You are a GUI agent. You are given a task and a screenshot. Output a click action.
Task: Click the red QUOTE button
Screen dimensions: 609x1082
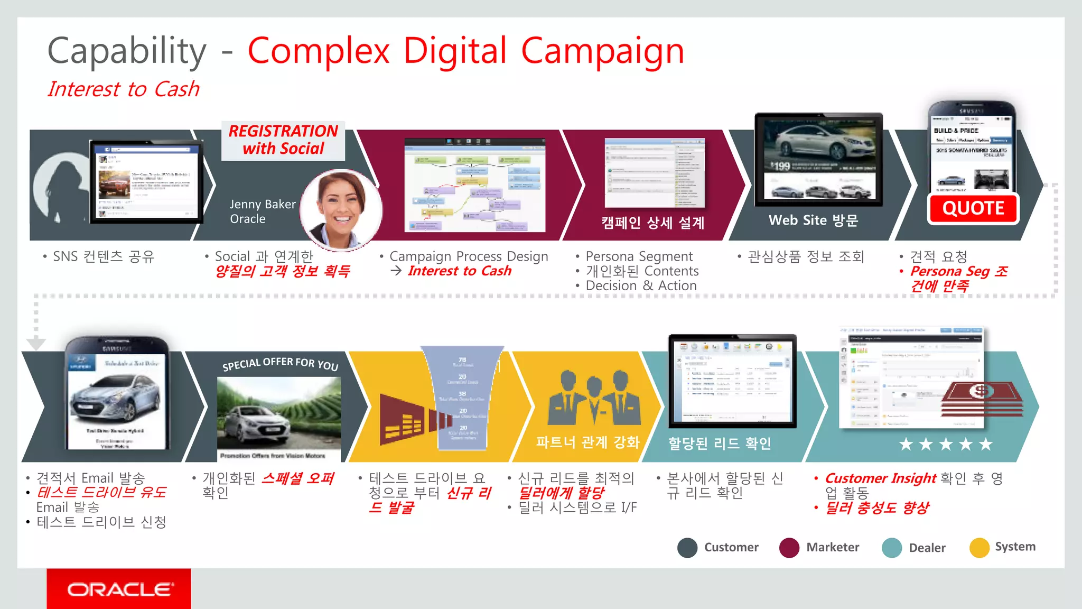click(x=973, y=209)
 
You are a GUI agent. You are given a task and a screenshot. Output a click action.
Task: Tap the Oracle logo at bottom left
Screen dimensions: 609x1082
click(x=119, y=589)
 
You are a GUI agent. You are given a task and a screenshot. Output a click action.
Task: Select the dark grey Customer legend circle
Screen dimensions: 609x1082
click(x=687, y=548)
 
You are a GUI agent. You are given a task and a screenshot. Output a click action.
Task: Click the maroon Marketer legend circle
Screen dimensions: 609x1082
click(x=789, y=548)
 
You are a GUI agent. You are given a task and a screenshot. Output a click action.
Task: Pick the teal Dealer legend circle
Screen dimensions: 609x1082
click(x=892, y=548)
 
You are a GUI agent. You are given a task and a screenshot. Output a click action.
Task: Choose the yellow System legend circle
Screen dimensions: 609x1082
click(x=979, y=548)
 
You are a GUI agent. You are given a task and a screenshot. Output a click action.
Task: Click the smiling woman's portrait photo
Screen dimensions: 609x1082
click(x=341, y=210)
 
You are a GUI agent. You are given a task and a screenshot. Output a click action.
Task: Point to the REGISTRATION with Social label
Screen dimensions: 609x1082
click(x=283, y=140)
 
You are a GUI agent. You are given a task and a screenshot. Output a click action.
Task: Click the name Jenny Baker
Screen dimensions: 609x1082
click(x=263, y=205)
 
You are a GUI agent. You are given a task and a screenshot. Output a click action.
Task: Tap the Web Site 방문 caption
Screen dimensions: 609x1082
click(x=813, y=220)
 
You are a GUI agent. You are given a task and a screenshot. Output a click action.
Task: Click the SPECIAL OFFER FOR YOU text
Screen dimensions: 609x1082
click(x=280, y=364)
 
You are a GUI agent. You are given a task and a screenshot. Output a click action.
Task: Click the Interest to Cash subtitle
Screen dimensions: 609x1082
click(x=124, y=89)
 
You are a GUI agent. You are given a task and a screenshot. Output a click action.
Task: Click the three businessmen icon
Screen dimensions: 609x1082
click(x=594, y=398)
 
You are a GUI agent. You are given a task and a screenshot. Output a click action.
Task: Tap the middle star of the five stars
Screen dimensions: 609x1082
click(x=946, y=445)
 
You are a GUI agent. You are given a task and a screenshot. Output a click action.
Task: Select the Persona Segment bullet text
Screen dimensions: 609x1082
click(x=639, y=256)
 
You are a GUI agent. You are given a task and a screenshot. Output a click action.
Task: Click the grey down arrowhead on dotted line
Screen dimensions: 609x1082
click(x=35, y=344)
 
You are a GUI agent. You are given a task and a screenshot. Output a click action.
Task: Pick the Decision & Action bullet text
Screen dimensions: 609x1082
click(x=641, y=286)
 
